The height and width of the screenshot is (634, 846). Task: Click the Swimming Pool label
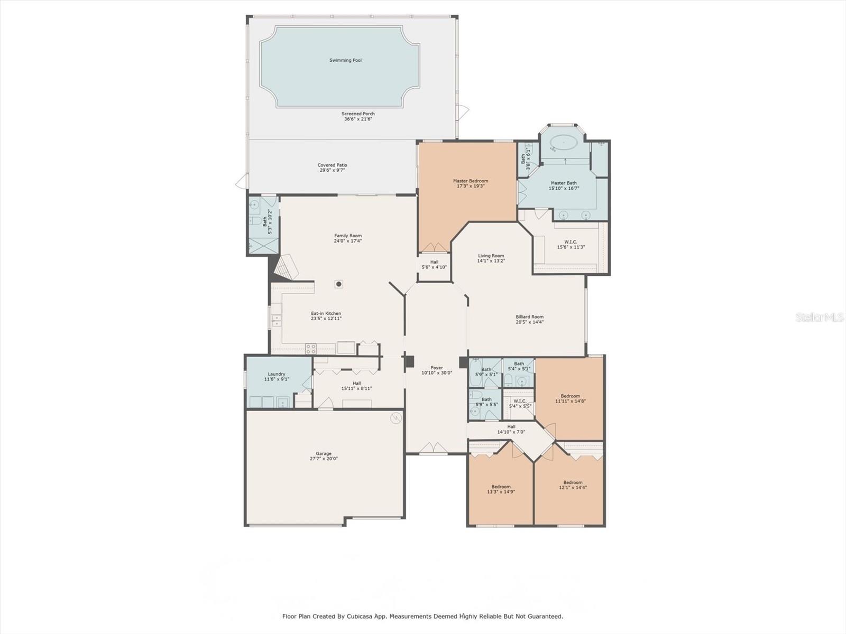345,60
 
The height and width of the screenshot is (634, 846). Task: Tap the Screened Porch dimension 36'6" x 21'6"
358,119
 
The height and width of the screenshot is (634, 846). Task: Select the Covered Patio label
332,165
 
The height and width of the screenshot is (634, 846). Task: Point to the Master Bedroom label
471,181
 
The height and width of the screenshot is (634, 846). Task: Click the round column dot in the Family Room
339,284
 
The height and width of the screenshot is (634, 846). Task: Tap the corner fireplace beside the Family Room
286,267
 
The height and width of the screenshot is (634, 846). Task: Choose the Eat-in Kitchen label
326,313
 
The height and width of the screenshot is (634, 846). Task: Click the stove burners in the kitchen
311,349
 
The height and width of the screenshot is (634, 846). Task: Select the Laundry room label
277,374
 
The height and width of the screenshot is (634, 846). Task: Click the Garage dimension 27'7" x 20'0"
324,459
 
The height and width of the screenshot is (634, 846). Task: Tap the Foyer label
437,368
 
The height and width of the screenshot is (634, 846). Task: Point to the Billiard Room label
530,317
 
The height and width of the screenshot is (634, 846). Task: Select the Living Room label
491,256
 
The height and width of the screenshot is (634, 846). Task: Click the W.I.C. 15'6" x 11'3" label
571,245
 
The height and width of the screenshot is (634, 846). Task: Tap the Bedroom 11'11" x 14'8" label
571,398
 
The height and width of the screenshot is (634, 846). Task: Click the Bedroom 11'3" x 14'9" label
501,489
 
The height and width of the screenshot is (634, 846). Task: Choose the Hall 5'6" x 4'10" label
435,265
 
